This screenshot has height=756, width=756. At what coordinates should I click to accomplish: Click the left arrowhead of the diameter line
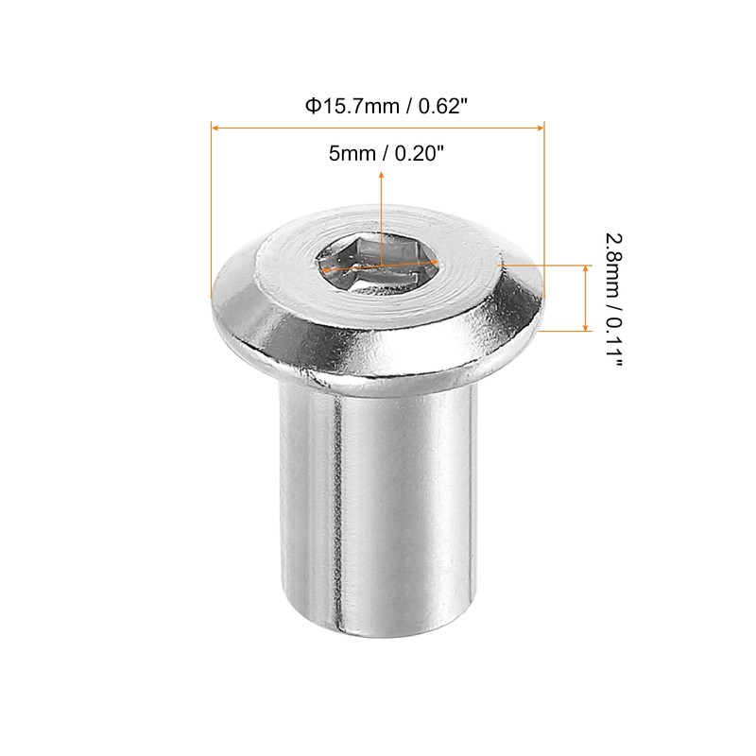coord(215,126)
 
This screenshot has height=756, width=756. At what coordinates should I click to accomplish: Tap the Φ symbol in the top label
coord(310,107)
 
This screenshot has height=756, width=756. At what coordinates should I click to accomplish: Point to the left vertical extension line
coord(210,208)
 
